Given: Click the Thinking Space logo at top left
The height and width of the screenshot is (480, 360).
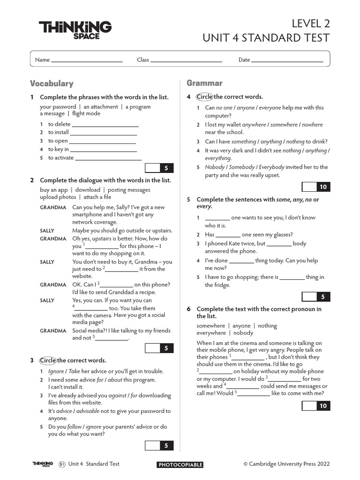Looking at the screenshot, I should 75,30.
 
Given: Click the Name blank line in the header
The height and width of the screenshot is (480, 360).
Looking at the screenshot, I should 87,60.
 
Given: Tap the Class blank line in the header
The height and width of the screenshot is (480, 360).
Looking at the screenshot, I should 186,60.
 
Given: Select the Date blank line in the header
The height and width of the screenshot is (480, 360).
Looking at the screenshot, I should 287,60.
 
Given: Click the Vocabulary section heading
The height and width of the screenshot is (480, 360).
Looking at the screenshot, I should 52,83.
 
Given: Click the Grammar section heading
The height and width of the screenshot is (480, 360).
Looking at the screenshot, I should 204,83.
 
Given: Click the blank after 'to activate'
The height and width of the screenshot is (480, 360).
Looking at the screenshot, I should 108,158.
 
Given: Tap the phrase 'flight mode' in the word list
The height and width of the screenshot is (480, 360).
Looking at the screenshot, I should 86,113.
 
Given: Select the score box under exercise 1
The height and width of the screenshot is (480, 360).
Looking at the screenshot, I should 159,168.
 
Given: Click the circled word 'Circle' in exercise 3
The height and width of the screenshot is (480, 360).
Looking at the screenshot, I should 48,360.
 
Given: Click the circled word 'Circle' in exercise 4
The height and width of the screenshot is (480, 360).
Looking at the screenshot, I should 204,97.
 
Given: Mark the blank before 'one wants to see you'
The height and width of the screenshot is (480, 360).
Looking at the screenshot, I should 217,218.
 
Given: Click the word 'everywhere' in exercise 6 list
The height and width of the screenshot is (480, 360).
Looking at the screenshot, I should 211,333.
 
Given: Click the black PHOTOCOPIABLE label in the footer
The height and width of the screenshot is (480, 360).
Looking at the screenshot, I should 180,465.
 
